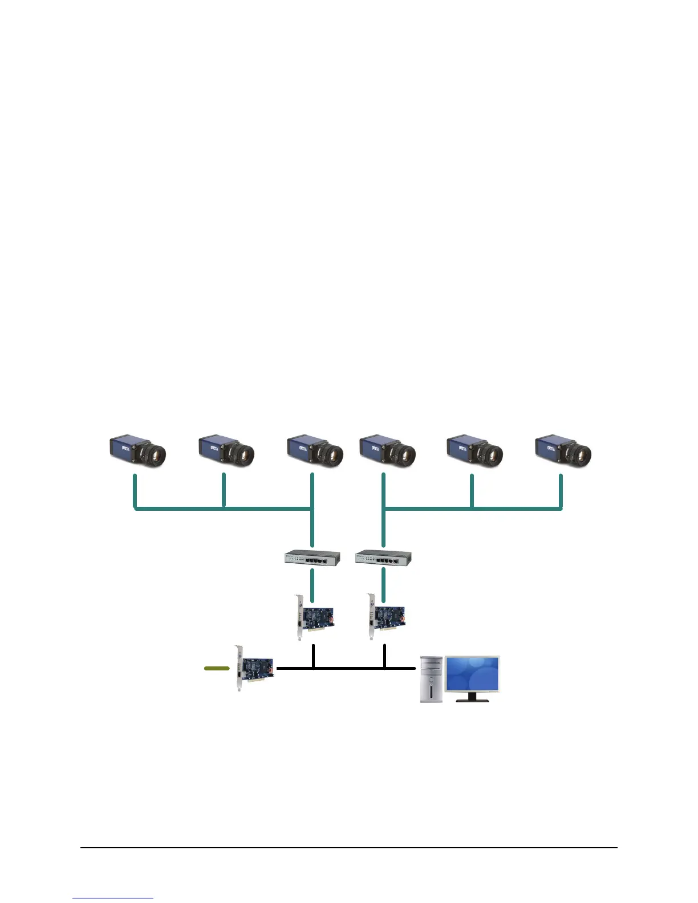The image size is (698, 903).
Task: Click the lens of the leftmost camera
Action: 156,454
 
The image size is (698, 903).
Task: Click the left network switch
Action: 313,558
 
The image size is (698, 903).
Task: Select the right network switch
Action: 383,558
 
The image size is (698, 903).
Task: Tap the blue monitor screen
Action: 472,674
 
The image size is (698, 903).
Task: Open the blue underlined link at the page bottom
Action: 113,898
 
